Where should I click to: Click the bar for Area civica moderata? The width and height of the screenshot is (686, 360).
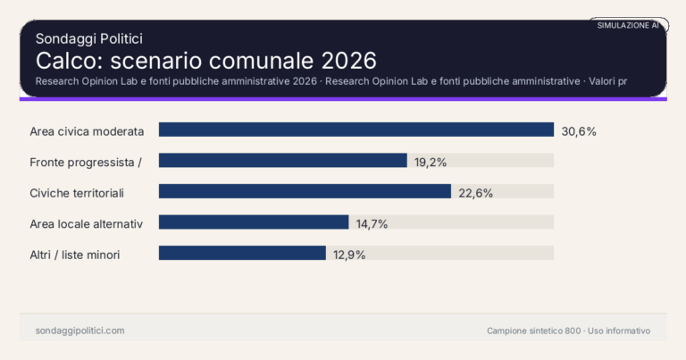tap(356, 130)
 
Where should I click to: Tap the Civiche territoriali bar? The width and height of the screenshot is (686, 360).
tap(305, 191)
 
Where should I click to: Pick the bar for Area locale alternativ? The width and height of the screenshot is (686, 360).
tap(254, 222)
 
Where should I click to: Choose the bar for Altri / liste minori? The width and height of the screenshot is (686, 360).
tap(242, 253)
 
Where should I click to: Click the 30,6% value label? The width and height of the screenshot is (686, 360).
tap(579, 130)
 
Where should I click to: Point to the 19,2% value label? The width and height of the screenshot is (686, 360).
tap(431, 162)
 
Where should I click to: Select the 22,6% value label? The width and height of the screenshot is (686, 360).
tap(475, 192)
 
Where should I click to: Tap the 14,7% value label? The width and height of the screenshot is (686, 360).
tap(372, 223)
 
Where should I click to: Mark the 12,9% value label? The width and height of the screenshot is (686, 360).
tap(349, 254)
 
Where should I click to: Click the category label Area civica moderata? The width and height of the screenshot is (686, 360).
tap(87, 130)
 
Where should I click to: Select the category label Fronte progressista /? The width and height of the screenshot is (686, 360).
tap(87, 162)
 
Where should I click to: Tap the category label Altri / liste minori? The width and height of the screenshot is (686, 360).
tap(75, 255)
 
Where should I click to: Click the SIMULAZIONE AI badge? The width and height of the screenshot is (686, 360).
tap(628, 26)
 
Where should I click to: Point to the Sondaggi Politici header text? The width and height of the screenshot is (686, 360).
tap(89, 38)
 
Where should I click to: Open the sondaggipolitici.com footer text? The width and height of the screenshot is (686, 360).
tap(80, 331)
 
